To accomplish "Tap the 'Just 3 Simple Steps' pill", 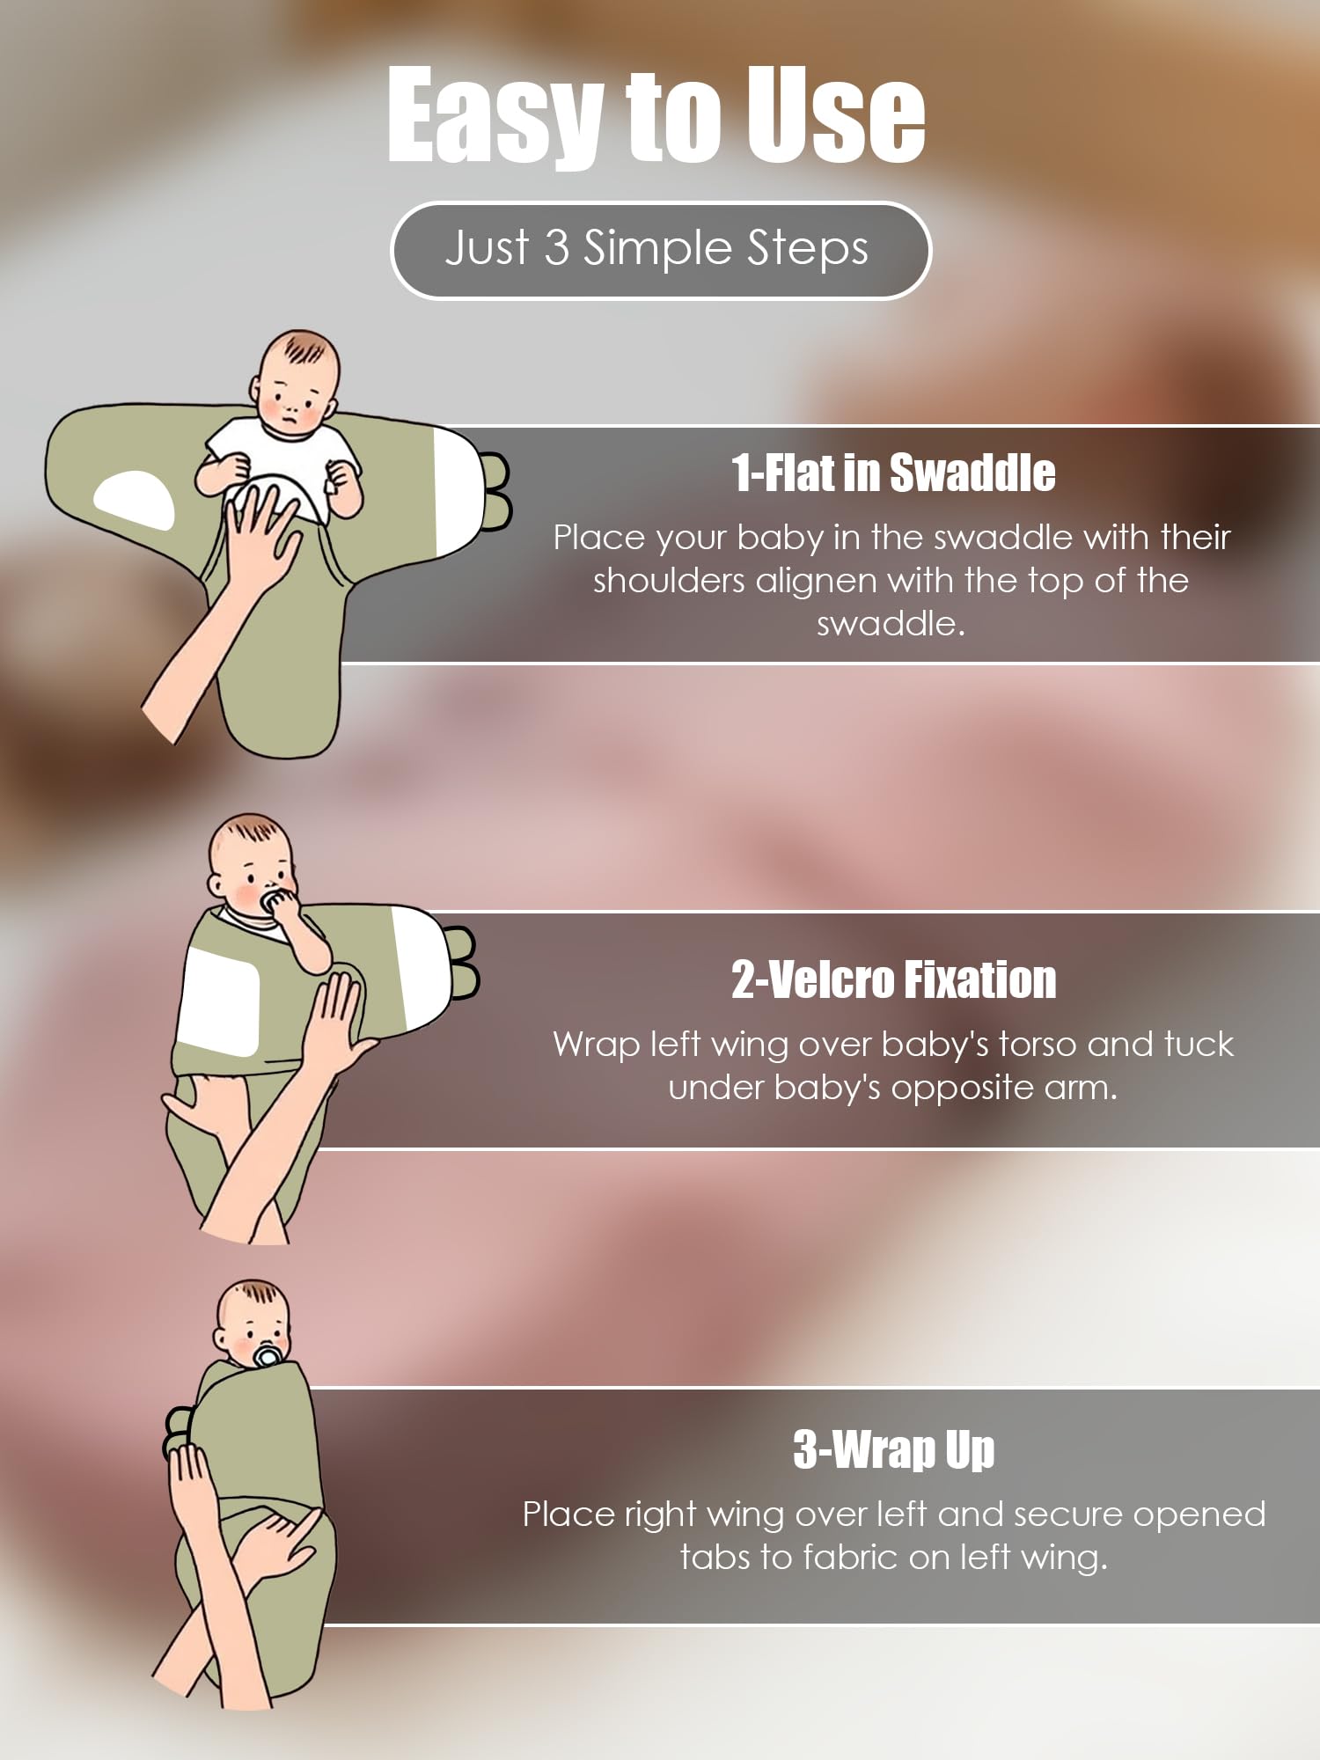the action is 660,250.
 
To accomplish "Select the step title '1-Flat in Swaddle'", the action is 893,473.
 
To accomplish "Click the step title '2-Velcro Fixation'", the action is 893,979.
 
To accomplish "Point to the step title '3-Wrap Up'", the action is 893,1449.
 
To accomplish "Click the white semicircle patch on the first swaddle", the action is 135,499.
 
